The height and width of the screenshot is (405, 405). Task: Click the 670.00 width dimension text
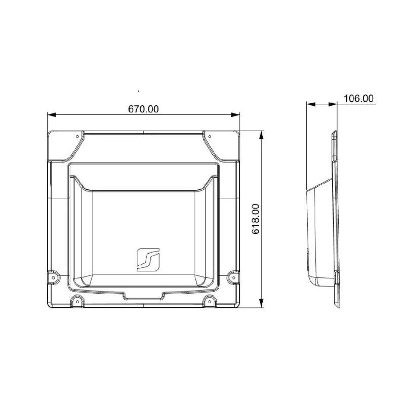click(143, 109)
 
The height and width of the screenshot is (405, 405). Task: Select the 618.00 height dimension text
click(256, 219)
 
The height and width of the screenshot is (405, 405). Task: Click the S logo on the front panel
click(148, 259)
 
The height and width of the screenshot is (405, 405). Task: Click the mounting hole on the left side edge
click(53, 276)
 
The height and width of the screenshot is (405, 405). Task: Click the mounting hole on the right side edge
click(233, 276)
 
